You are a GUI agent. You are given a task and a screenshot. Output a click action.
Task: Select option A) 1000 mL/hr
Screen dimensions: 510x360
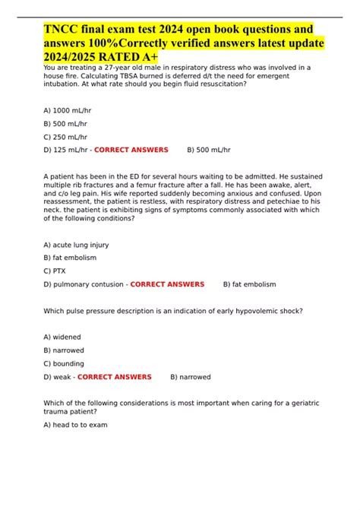pos(70,110)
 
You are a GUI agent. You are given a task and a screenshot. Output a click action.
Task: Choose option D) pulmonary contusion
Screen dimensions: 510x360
pos(84,284)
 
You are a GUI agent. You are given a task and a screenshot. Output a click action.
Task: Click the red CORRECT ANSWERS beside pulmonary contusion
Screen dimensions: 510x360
pos(167,284)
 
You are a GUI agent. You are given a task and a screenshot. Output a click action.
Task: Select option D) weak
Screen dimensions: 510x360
pos(58,377)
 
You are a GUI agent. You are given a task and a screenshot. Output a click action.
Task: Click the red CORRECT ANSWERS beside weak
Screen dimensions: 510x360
pos(115,377)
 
